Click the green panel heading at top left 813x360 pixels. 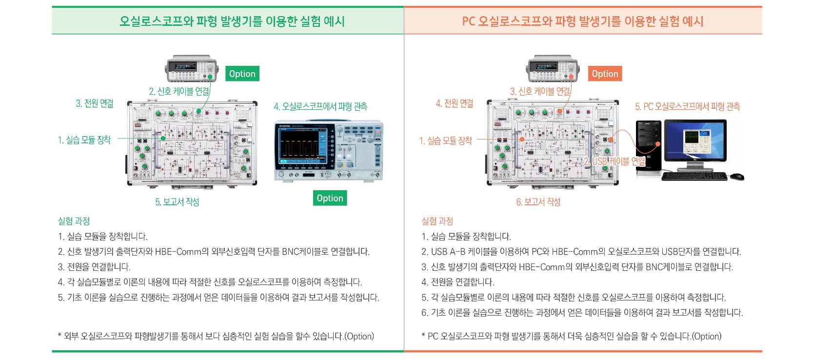pos(232,21)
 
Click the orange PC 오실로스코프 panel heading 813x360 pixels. pos(583,21)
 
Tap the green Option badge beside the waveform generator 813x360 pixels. pos(242,74)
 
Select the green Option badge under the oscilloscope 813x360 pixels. pos(330,198)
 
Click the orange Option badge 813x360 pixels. pos(605,74)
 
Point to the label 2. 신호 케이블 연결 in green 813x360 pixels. pos(179,92)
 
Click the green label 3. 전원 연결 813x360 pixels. pos(95,103)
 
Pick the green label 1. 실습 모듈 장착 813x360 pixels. pos(84,140)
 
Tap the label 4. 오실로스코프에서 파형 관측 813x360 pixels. pos(320,106)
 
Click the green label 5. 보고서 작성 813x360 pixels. pos(177,202)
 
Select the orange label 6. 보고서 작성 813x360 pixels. pos(538,202)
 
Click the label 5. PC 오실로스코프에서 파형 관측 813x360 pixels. pos(687,106)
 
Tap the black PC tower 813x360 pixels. pos(649,146)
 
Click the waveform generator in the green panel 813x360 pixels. pos(191,68)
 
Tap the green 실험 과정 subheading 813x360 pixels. pos(74,221)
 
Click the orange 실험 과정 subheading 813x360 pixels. pos(437,221)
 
